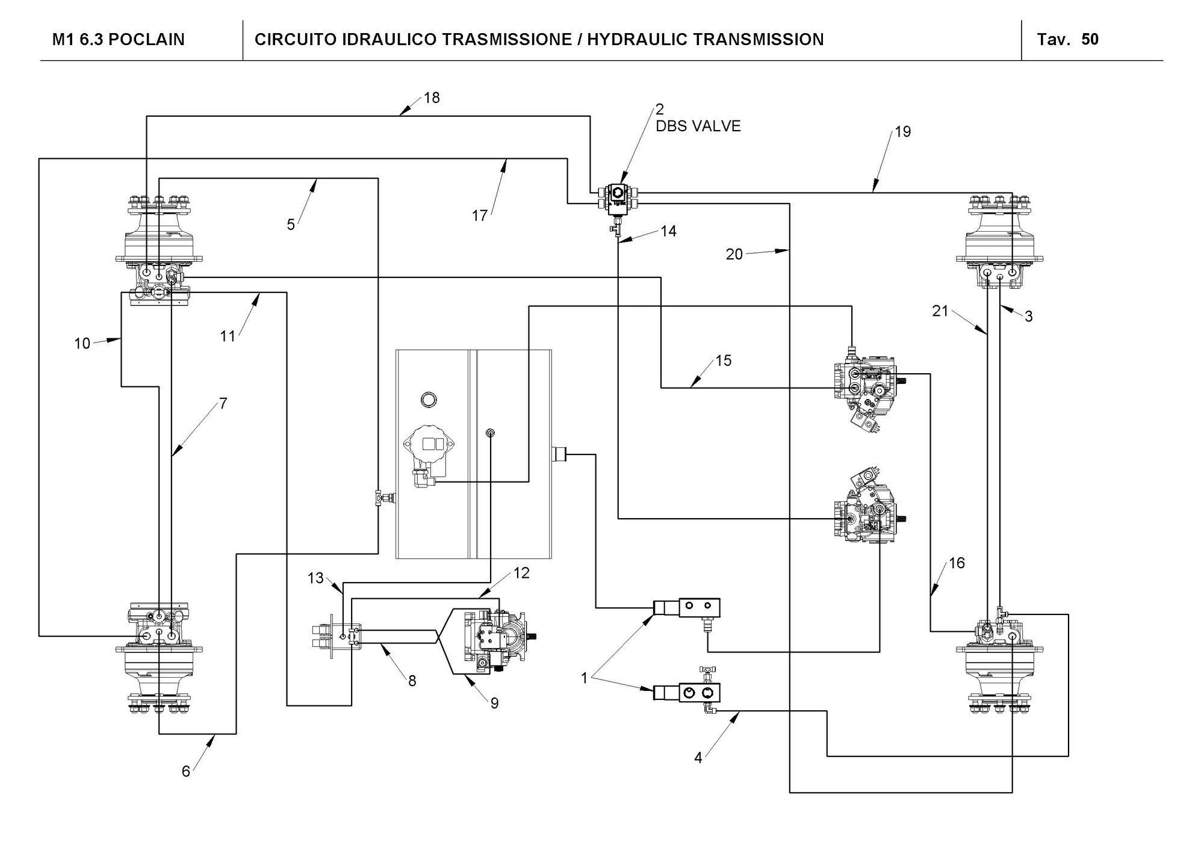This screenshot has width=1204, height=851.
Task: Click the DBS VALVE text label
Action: pyautogui.click(x=698, y=126)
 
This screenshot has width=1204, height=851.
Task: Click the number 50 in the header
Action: pyautogui.click(x=1090, y=39)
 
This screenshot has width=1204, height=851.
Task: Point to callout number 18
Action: pyautogui.click(x=432, y=97)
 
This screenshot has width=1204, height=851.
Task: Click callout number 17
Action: pyautogui.click(x=479, y=215)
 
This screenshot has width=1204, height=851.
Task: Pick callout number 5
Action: pyautogui.click(x=291, y=224)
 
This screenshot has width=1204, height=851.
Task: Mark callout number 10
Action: pyautogui.click(x=82, y=344)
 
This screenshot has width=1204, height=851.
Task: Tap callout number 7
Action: pyautogui.click(x=223, y=403)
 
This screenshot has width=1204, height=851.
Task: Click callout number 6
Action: pyautogui.click(x=186, y=771)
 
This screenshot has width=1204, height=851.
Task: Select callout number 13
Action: pyautogui.click(x=315, y=578)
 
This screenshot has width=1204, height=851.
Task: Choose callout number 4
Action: pyautogui.click(x=698, y=758)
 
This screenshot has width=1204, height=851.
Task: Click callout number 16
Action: pyautogui.click(x=957, y=563)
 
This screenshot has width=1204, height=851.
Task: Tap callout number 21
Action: pyautogui.click(x=940, y=311)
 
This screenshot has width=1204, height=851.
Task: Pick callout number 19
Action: pyautogui.click(x=903, y=131)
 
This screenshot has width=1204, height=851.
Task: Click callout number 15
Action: pyautogui.click(x=724, y=360)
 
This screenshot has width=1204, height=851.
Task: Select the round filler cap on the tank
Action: pyautogui.click(x=429, y=398)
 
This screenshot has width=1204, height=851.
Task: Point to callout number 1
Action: pyautogui.click(x=584, y=678)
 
